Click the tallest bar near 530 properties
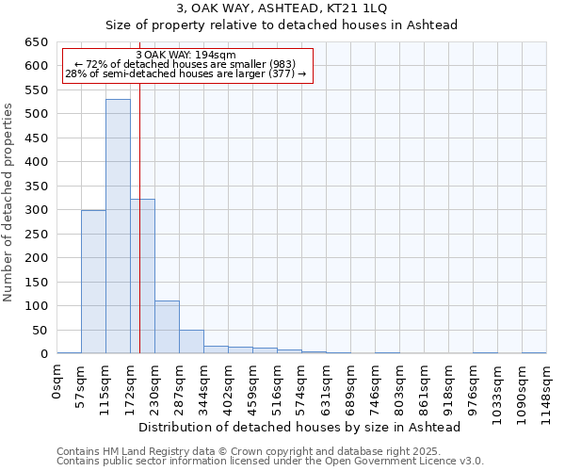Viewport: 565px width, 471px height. tap(118, 226)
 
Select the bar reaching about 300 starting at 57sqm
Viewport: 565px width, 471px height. tap(93, 282)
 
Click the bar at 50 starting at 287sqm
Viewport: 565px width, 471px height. tap(191, 342)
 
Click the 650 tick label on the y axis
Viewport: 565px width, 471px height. tap(36, 42)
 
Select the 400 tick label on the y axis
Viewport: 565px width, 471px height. tap(36, 162)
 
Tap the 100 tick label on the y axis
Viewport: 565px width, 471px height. tap(36, 306)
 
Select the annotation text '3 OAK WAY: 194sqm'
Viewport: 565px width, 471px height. tap(186, 55)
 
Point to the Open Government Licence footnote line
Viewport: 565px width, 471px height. tap(270, 462)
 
